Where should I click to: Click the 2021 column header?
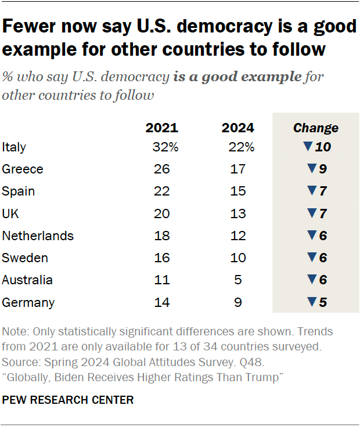pos(161,128)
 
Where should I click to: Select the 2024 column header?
pos(237,128)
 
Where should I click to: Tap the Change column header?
pos(315,128)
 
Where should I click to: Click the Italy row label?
pos(14,147)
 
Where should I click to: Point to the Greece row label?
pos(23,169)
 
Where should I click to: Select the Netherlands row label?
pos(38,236)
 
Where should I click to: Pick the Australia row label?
pos(27,280)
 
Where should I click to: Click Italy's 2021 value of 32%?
pos(165,147)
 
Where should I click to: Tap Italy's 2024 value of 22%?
pos(241,147)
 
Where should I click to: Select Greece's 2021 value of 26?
pos(162,169)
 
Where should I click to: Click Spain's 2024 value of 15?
pos(237,191)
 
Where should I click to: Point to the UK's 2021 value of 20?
pos(162,213)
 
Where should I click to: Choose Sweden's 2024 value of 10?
pos(237,258)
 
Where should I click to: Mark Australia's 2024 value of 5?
pos(237,280)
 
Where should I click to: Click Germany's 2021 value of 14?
pos(162,302)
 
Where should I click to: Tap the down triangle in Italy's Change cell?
pos(308,147)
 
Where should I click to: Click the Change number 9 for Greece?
pos(323,169)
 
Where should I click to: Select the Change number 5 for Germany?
pos(323,302)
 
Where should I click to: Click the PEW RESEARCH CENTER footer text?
pos(68,400)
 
